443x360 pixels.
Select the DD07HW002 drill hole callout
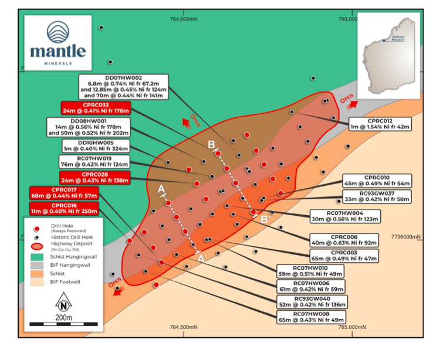123,86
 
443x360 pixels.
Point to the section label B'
265,220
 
